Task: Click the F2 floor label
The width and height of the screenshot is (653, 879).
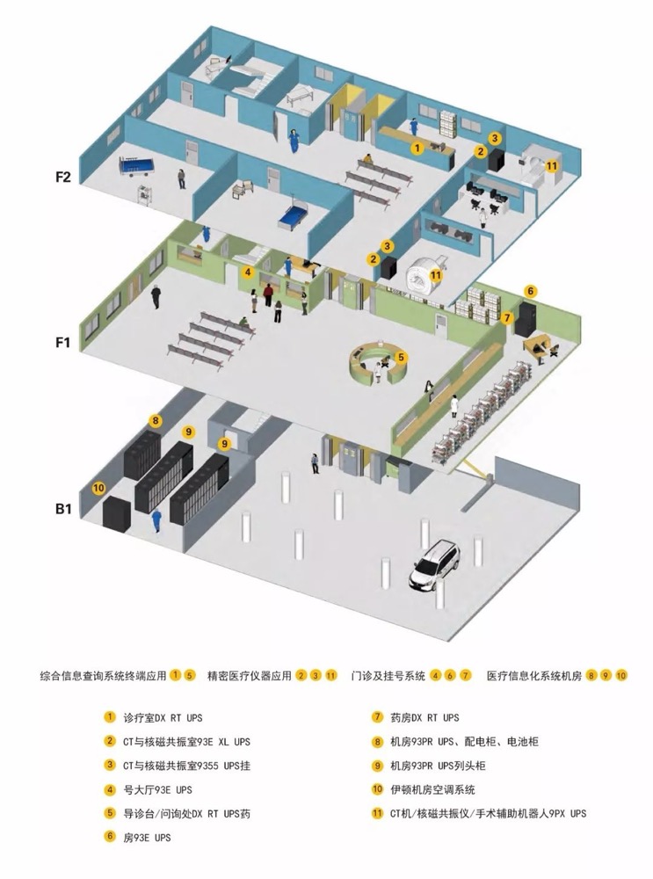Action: pos(62,178)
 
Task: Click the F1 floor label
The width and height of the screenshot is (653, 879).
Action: pos(62,342)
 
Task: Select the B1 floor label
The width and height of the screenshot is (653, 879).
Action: pos(63,509)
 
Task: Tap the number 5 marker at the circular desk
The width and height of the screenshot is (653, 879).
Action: pos(401,357)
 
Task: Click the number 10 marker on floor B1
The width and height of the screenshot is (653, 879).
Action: pos(98,488)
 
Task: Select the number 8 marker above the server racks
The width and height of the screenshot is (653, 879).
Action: pos(156,421)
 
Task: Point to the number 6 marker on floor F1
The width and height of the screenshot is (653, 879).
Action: pos(530,291)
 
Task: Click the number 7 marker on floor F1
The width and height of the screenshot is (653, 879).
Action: pos(507,318)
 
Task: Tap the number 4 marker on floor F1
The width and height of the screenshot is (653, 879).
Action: pos(248,272)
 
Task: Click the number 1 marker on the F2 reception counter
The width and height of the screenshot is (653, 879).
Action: pos(417,148)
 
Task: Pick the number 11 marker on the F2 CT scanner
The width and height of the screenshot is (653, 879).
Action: pos(552,166)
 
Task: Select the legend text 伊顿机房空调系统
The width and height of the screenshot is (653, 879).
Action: pos(432,790)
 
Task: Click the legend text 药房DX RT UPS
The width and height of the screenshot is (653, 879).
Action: pos(424,717)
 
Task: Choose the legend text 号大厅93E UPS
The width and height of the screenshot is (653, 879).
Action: pos(157,790)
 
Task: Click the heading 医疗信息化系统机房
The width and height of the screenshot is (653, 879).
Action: pos(534,675)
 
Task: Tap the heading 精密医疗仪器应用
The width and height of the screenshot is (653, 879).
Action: pos(250,675)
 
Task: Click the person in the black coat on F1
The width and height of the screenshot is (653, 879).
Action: pos(156,296)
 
